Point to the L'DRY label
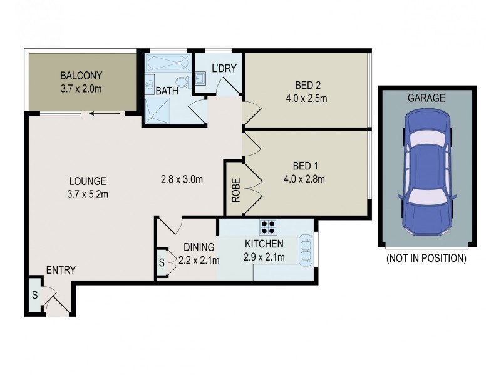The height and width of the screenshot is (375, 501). tap(224, 68)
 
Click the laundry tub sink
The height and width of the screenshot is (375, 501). tap(200, 78)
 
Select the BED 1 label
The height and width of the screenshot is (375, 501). tap(306, 166)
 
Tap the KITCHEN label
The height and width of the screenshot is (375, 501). tap(264, 244)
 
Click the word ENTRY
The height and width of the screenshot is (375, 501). tap(61, 270)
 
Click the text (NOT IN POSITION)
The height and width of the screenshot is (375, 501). tap(426, 258)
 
